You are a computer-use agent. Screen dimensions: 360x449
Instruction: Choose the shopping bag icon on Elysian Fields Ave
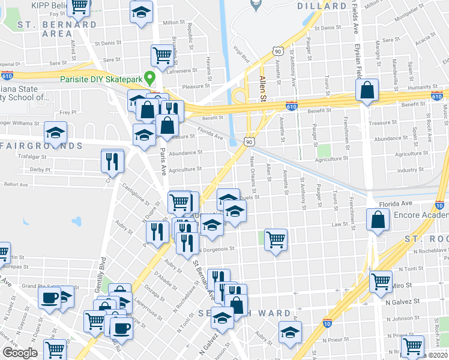click(366, 91)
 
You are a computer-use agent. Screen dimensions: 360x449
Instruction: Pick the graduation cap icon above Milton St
click(141, 11)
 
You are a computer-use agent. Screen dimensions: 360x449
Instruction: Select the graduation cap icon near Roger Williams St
click(56, 132)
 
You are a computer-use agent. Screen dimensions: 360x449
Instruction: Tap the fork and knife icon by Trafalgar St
click(112, 160)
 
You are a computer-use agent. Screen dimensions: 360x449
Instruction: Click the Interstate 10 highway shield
click(328, 323)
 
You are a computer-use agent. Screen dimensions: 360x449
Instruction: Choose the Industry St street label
click(411, 170)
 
